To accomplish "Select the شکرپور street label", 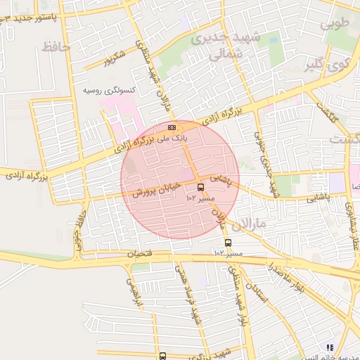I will point(113,58).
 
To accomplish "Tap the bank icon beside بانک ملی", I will point(172,127).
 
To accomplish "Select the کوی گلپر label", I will point(326,66).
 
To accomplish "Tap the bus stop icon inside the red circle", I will point(201,188).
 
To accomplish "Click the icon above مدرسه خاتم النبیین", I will point(329,347).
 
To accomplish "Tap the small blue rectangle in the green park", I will point(184,22).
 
